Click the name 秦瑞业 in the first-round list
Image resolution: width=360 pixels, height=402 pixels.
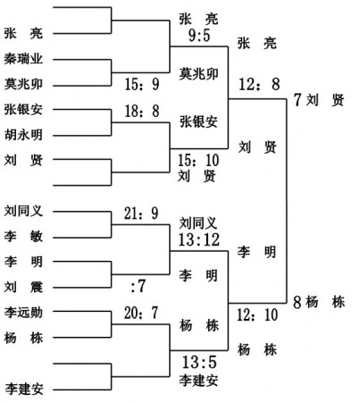[23, 59]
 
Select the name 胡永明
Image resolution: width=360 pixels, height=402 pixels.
[23, 135]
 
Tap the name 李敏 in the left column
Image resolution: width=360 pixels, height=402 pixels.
[23, 237]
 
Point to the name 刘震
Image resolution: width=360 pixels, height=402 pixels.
[23, 287]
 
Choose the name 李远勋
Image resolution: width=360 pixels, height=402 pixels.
[23, 313]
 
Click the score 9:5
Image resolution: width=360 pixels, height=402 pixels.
[199, 35]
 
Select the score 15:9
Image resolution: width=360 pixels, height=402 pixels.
[142, 84]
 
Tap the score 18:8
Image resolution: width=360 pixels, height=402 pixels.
[142, 111]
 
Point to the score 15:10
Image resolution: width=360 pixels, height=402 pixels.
[198, 160]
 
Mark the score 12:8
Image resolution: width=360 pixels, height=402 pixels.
[259, 84]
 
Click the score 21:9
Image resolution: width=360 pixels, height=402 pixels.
[141, 214]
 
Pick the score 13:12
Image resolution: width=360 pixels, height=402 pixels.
[199, 239]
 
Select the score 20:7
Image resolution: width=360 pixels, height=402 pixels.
[141, 313]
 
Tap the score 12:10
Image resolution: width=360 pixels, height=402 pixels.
[257, 314]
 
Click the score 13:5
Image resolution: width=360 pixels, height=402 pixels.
[199, 362]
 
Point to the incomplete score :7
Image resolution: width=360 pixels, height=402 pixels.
[138, 286]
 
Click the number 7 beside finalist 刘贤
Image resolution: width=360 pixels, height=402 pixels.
[297, 99]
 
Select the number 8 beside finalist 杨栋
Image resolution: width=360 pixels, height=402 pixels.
[297, 302]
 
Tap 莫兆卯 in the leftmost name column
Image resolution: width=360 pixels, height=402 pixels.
[23, 84]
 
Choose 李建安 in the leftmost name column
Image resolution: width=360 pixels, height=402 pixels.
[24, 389]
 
